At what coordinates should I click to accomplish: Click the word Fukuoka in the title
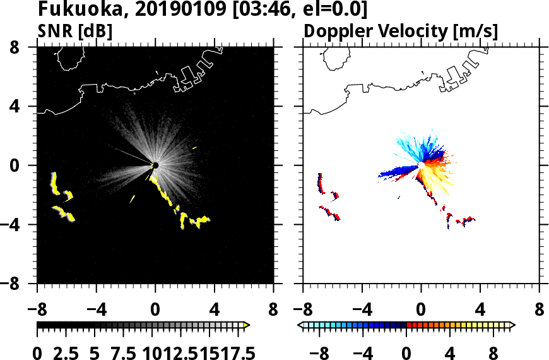point(78,10)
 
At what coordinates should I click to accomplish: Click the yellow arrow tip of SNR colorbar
point(247,325)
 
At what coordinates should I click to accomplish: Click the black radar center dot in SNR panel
point(155,165)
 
